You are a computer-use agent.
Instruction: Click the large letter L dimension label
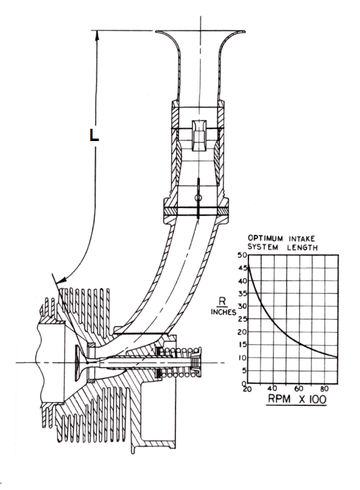(x=94, y=135)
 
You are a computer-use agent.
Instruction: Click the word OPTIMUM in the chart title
(x=266, y=239)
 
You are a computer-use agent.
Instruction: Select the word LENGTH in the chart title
(x=302, y=248)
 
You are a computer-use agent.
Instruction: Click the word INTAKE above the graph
(x=302, y=239)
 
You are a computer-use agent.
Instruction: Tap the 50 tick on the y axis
(x=242, y=255)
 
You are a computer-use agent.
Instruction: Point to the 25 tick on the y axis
(x=242, y=319)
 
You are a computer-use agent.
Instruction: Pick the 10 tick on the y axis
(x=242, y=358)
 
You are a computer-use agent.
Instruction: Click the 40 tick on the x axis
(x=272, y=388)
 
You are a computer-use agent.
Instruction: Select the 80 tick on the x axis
(x=324, y=389)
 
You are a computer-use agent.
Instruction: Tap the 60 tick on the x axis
(x=299, y=389)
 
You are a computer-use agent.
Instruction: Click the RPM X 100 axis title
(x=297, y=399)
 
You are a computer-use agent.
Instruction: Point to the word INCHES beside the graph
(x=223, y=312)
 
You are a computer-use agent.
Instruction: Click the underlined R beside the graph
(x=222, y=302)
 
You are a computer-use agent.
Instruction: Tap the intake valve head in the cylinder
(x=78, y=363)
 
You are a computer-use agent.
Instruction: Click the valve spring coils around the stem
(x=180, y=362)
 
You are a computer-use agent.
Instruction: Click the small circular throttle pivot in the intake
(x=197, y=198)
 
